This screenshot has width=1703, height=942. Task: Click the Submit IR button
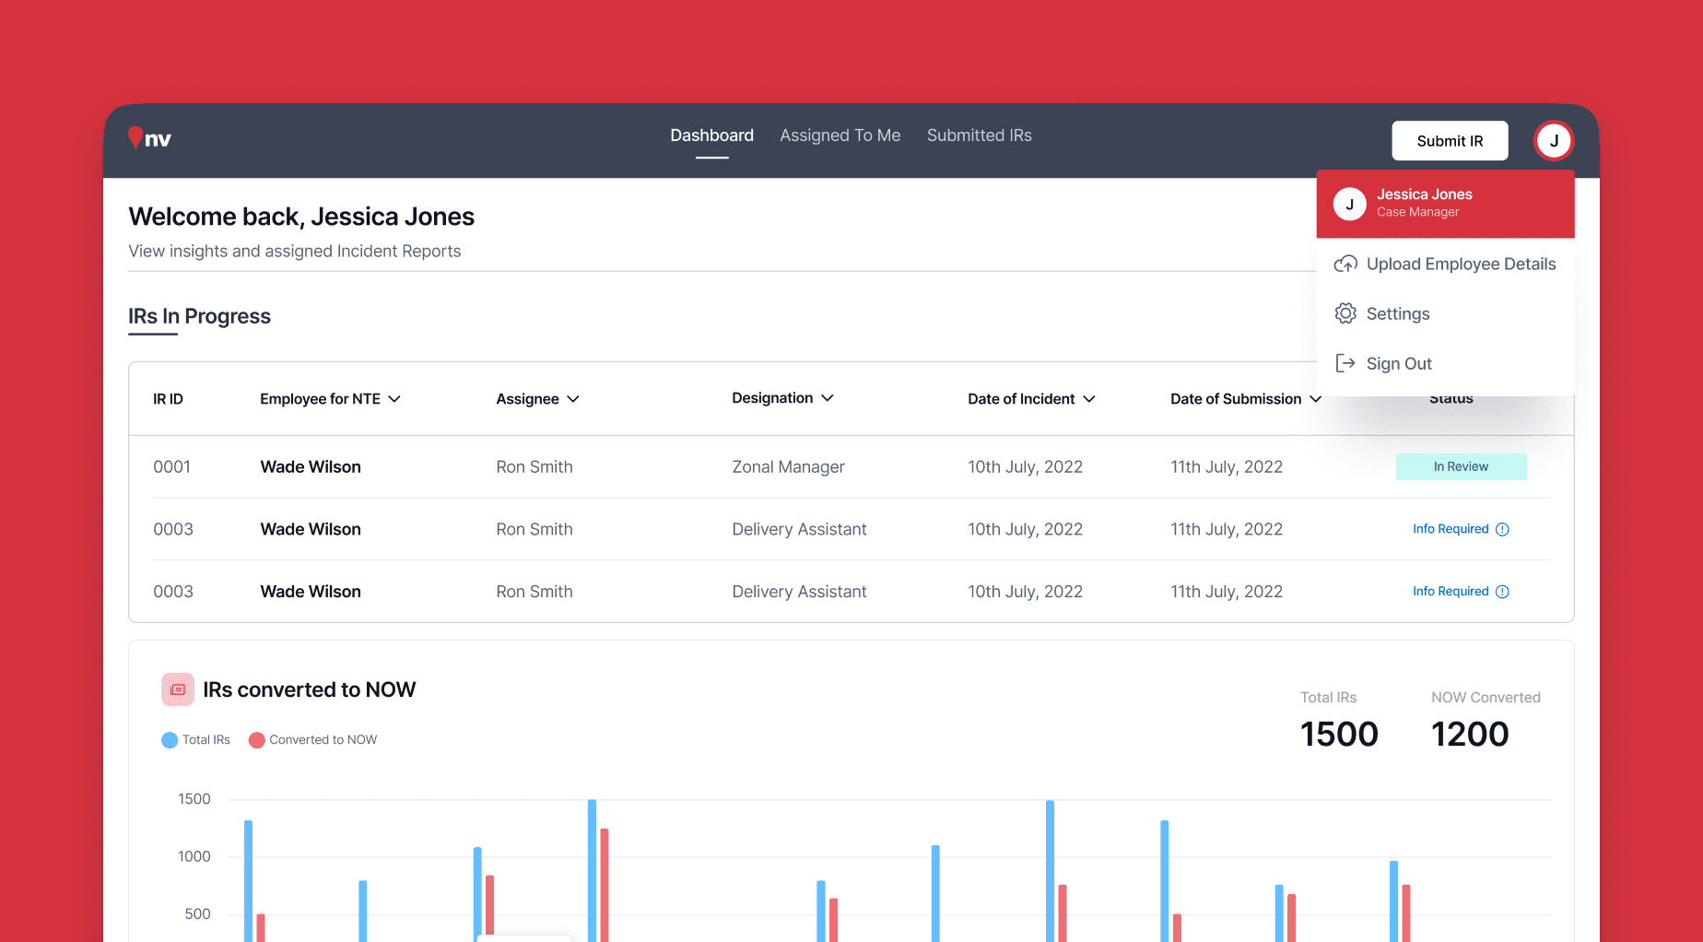[x=1450, y=141]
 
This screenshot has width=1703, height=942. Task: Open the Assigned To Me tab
[x=840, y=135]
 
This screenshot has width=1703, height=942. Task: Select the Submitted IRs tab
[x=980, y=135]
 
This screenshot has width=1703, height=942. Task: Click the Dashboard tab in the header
[x=712, y=135]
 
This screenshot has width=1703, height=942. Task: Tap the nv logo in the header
[x=149, y=138]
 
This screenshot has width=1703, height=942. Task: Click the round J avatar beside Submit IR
[x=1554, y=141]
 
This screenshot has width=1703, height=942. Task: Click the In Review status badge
[x=1461, y=466]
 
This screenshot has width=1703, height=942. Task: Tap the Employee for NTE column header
[x=330, y=399]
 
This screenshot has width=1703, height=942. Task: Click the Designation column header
[x=782, y=398]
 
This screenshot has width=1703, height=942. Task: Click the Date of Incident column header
[x=1031, y=399]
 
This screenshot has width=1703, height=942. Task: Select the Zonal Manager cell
[x=788, y=467]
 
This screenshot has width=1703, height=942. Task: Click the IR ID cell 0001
[x=171, y=467]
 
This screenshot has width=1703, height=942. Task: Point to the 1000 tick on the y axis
[x=194, y=856]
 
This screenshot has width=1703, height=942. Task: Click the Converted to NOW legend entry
[x=313, y=740]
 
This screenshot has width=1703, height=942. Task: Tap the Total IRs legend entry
[x=196, y=740]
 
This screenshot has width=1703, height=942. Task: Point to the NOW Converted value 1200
[x=1470, y=735]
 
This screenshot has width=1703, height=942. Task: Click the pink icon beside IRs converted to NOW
[x=178, y=689]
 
